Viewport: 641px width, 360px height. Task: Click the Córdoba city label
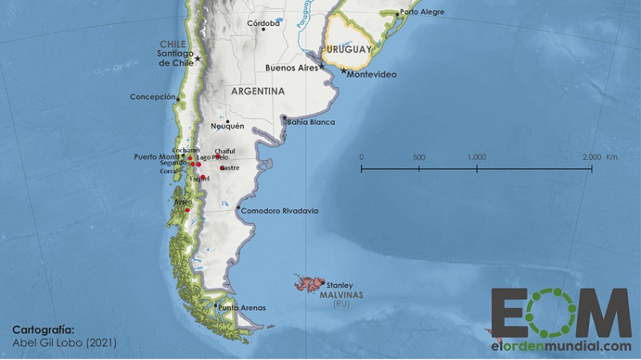(x=264, y=23)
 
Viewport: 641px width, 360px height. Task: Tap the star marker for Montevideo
(x=344, y=71)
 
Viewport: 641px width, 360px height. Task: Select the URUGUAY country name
(x=349, y=50)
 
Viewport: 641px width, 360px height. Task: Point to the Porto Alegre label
(x=422, y=13)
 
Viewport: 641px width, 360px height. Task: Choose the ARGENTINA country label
(x=257, y=91)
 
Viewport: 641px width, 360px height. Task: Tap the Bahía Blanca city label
(x=310, y=123)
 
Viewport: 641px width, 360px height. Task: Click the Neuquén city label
(x=227, y=126)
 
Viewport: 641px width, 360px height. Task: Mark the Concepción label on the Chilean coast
(x=152, y=97)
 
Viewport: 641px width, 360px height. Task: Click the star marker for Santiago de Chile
(x=197, y=58)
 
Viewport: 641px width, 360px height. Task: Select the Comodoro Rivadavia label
(x=281, y=211)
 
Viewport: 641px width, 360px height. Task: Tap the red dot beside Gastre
(x=222, y=168)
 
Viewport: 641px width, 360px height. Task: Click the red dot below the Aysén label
(x=187, y=210)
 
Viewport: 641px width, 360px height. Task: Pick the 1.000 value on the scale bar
(x=476, y=156)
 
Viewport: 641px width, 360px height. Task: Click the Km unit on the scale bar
(x=612, y=156)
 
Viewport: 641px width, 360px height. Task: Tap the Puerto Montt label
(x=157, y=156)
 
